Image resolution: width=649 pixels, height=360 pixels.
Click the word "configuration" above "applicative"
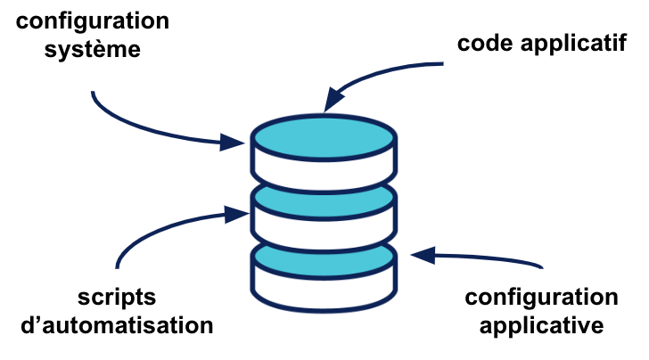[541, 298]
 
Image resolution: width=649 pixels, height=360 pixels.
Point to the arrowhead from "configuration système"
[236, 141]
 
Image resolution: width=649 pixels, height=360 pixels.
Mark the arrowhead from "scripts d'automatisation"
[238, 214]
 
